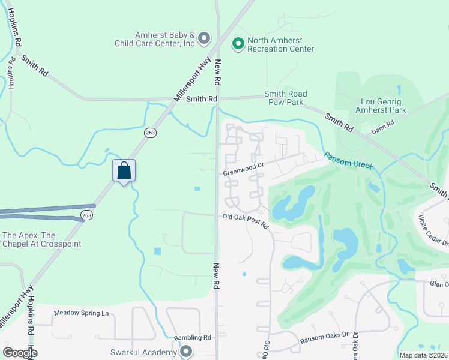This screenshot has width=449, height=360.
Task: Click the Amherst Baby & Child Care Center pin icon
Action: coord(203,39)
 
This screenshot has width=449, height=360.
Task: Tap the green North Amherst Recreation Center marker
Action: coord(238,43)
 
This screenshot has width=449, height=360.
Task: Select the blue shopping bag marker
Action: coord(124,170)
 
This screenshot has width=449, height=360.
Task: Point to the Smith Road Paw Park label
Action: coord(286,98)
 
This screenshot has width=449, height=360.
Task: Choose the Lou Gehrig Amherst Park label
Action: coord(381,106)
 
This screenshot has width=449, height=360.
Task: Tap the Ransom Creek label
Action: coord(348,160)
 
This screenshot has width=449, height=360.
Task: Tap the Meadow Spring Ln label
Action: coord(81,313)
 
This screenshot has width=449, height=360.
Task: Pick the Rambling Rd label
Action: coord(193,337)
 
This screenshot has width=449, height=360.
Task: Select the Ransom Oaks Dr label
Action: coord(325,339)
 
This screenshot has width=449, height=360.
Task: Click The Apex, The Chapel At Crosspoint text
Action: coord(42,239)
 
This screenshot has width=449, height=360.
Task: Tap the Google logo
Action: coord(20,353)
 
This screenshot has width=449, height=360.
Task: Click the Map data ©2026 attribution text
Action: coord(423,355)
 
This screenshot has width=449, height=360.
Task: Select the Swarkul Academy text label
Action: coord(144,352)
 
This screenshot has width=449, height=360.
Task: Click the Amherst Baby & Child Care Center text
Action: coord(156,39)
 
